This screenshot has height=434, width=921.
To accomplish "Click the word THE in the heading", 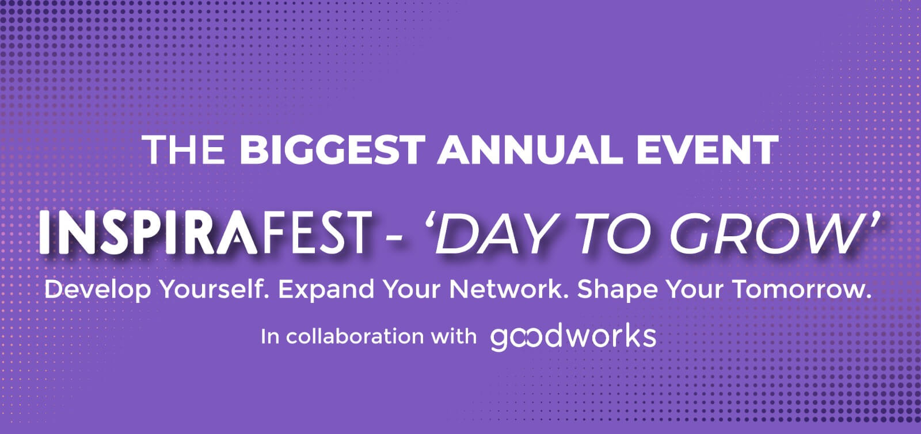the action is pos(185,149).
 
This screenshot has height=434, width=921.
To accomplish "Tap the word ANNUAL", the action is pos(530,149).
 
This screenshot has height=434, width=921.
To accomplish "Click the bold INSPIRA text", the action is pos(148,233).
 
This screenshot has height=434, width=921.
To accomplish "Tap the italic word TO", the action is pos(612,233).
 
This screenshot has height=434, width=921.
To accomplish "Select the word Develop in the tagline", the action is pos(98,290).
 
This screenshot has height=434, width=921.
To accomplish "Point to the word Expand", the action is pos(326,290).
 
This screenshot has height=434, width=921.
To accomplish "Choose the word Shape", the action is pos(617,290).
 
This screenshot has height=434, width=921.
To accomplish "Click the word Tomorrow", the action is pos(802,289).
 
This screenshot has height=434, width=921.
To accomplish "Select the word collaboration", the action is pos(355,337).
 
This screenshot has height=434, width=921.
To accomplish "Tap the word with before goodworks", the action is pos(454,337).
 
